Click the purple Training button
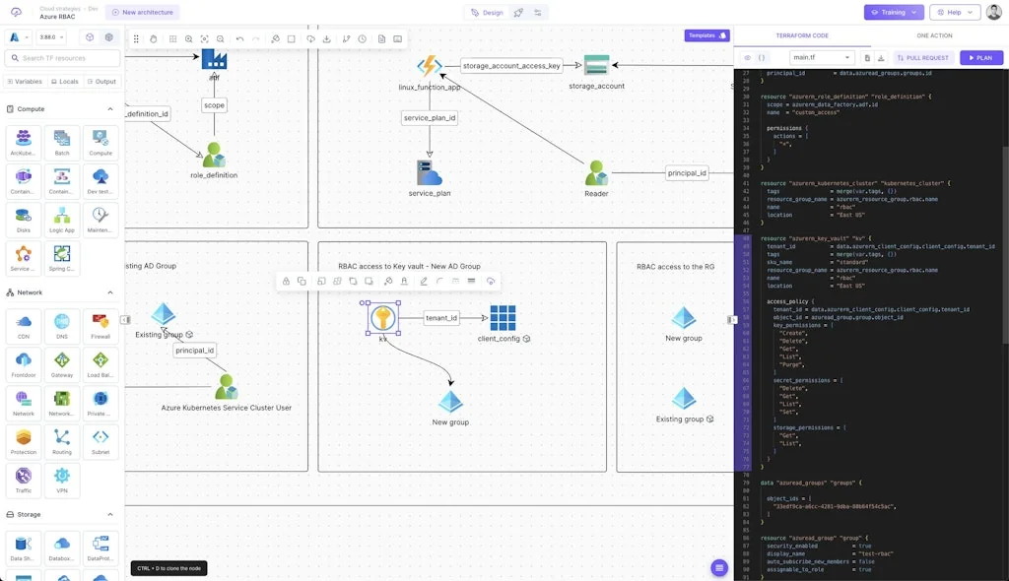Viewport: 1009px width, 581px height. [894, 13]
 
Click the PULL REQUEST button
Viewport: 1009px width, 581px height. [923, 58]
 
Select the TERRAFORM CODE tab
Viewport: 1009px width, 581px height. [802, 35]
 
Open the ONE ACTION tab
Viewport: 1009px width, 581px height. [934, 35]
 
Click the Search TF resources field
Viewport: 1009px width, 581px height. [63, 58]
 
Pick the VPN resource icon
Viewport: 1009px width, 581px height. [62, 480]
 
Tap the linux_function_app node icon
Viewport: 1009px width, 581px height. [429, 67]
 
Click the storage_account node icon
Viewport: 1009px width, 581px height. [596, 65]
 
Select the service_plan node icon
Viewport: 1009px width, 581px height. [429, 172]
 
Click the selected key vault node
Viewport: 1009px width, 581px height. [382, 317]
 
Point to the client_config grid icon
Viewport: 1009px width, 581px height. [504, 317]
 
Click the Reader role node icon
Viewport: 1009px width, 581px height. [596, 173]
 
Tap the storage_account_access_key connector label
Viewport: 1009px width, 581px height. [511, 66]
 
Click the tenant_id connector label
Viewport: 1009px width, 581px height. [441, 318]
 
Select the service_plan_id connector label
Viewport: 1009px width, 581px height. [430, 118]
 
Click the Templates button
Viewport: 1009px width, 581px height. [706, 35]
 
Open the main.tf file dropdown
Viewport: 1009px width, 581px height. [822, 58]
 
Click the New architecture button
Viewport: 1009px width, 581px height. [142, 13]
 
